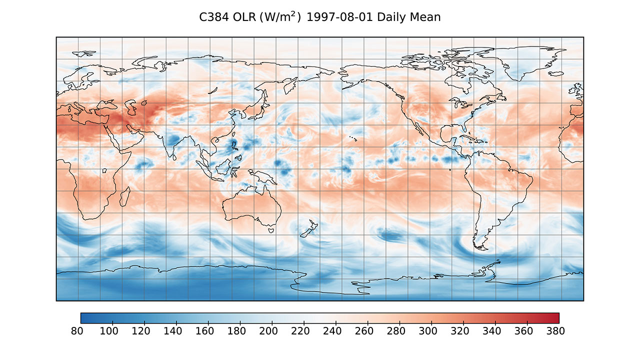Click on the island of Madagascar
125,196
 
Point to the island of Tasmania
271,230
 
